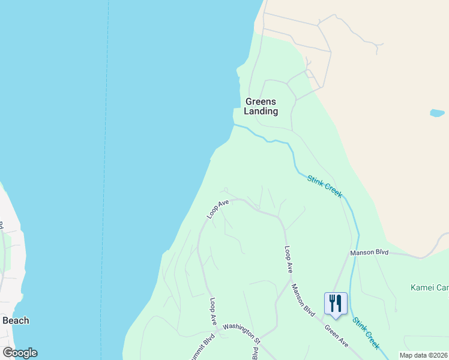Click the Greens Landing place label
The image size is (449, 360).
point(261,106)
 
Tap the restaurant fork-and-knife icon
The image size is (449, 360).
point(334,303)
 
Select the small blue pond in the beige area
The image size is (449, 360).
point(437,113)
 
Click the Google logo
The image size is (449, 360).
point(20,353)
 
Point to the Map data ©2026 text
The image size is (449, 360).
point(423,355)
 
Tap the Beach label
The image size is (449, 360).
point(16,320)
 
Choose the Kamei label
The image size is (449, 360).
point(429,288)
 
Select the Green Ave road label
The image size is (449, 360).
point(336,335)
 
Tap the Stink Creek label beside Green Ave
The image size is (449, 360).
point(366,334)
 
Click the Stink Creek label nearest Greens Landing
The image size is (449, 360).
point(325,186)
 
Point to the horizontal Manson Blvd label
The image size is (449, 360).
point(370,252)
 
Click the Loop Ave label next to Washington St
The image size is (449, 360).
point(213,311)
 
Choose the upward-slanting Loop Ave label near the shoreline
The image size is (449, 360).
point(218,209)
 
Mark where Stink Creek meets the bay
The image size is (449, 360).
point(234,125)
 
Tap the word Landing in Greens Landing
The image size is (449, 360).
point(261,111)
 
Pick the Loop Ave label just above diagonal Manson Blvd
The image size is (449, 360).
point(289,260)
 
